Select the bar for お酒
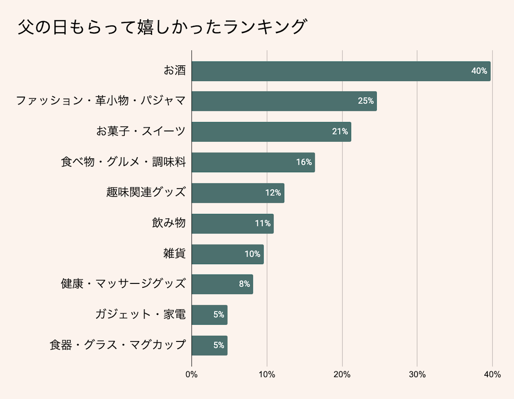[x=341, y=71]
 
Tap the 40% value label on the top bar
[x=479, y=71]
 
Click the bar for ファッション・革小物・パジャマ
[x=284, y=101]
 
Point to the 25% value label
[x=366, y=101]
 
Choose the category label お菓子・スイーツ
[x=141, y=131]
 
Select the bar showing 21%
[x=271, y=132]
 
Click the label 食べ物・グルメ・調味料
[x=123, y=162]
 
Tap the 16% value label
[x=304, y=162]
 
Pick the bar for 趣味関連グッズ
[x=237, y=193]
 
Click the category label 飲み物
[x=168, y=223]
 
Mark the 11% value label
[x=262, y=223]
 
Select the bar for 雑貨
[x=227, y=254]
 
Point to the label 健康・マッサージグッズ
[x=123, y=284]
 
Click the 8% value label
[x=244, y=284]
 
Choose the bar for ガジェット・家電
[x=209, y=315]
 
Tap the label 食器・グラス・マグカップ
[x=117, y=345]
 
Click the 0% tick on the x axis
[x=192, y=375]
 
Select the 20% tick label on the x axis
[x=342, y=375]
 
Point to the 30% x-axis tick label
[x=417, y=375]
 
